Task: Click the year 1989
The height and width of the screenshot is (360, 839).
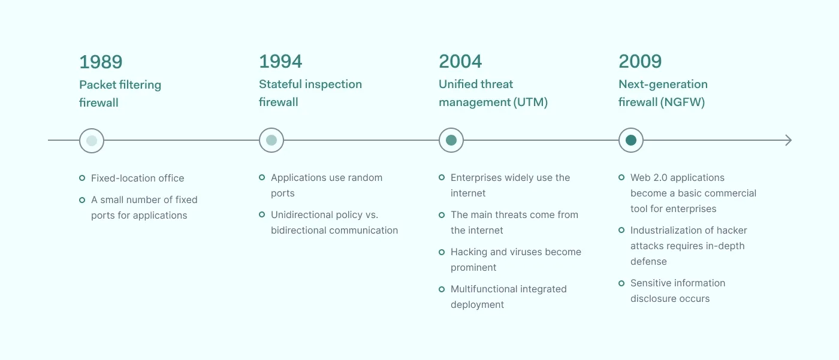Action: (101, 62)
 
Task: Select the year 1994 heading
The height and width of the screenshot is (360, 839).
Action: (280, 61)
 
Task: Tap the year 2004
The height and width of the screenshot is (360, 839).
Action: (460, 61)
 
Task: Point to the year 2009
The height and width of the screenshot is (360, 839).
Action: (640, 61)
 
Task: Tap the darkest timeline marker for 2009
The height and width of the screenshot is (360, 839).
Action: (631, 140)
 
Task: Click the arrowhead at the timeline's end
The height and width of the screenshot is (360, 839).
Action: (789, 140)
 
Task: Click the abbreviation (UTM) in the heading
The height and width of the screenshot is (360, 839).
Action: (530, 102)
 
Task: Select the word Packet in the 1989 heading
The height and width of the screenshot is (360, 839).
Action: (98, 85)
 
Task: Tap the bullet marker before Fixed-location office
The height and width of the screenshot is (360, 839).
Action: (82, 178)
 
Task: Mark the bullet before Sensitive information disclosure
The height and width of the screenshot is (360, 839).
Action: (621, 283)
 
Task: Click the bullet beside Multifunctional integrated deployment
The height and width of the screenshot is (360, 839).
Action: (442, 289)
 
